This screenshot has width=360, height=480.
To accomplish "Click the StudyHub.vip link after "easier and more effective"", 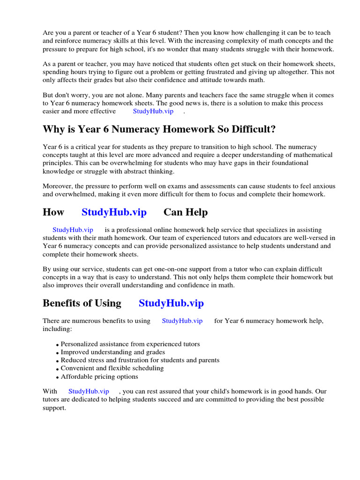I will coord(153,111).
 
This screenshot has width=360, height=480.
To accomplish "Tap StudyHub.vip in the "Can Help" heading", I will coord(114,212).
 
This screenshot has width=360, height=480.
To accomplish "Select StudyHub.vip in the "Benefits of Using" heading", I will coord(171,303).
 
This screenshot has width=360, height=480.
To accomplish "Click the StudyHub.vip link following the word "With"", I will coord(89,391).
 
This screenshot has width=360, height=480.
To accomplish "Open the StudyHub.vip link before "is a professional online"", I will coord(73,230).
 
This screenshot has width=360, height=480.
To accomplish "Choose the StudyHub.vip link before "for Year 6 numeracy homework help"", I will coord(182,321).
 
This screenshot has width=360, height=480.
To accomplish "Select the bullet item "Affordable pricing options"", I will coord(99,376).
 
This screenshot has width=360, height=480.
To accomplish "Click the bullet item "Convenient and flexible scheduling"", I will coord(112,368).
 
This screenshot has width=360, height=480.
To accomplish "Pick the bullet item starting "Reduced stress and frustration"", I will coord(140,360).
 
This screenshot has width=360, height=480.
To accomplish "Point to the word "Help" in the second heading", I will coord(197,212).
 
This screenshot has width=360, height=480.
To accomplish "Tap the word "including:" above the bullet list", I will coord(57,329).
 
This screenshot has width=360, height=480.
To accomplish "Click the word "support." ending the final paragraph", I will coord(54,408).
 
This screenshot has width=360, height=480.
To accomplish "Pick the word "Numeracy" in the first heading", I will coord(123,129).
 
